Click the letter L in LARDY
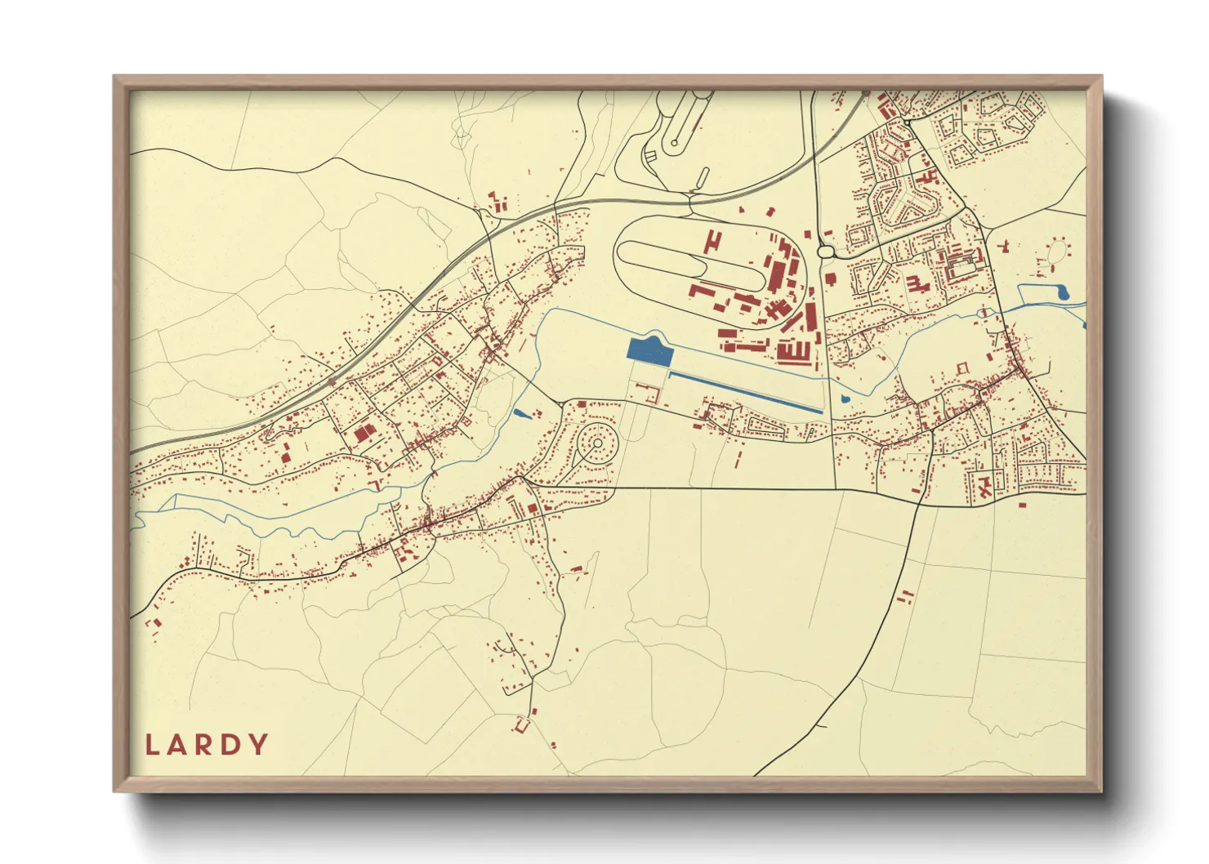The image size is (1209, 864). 152,745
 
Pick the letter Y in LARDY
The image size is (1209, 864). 259,745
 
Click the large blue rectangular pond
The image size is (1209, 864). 649,351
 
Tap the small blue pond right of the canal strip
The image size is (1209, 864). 844,399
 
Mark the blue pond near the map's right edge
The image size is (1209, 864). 1061,291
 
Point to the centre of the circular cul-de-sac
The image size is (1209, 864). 598,443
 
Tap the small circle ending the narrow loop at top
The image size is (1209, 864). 674,144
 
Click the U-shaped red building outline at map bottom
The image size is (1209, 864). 523,724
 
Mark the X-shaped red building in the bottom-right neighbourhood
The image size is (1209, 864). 984,488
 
